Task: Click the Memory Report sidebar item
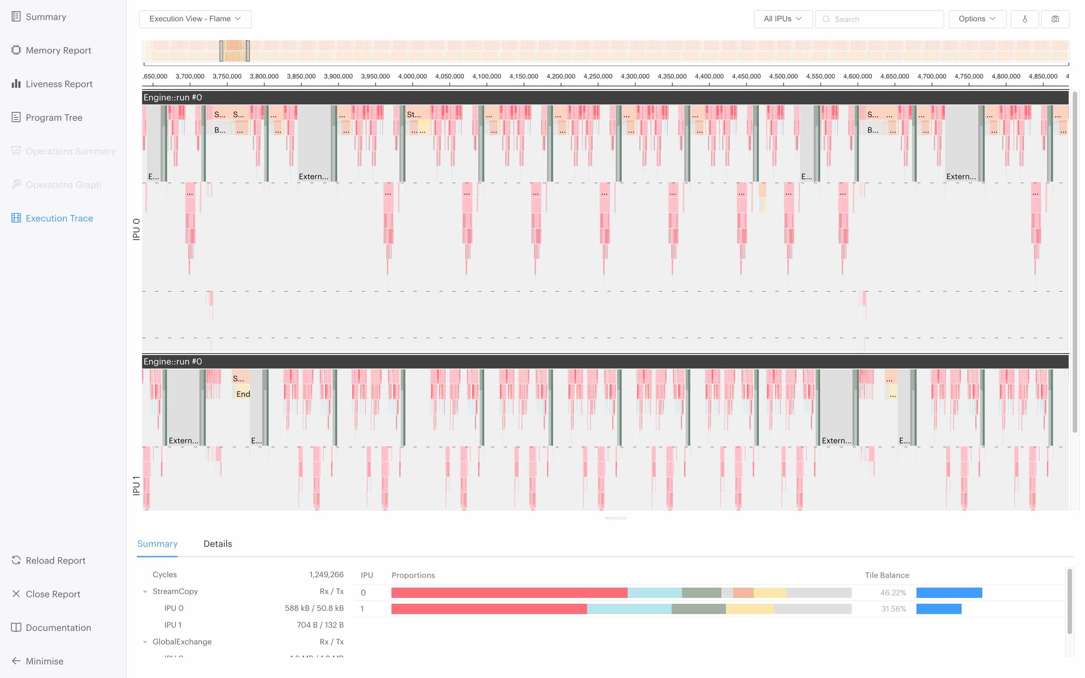(58, 51)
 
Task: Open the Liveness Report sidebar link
(59, 84)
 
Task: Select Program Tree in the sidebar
(54, 118)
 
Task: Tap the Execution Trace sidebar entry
(59, 218)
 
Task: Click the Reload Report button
(55, 560)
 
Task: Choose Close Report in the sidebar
(53, 594)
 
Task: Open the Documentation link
(58, 627)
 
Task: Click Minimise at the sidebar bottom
(44, 661)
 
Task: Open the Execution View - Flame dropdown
(195, 19)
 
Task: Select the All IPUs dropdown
(782, 19)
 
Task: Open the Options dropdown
(976, 19)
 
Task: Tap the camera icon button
(1055, 19)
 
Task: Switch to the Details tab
(217, 544)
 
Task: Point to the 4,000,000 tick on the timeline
(412, 76)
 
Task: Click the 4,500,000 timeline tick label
(783, 76)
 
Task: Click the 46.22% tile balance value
(893, 593)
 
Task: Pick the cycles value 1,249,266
(326, 574)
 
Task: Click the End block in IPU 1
(243, 394)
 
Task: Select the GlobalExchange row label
(182, 641)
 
